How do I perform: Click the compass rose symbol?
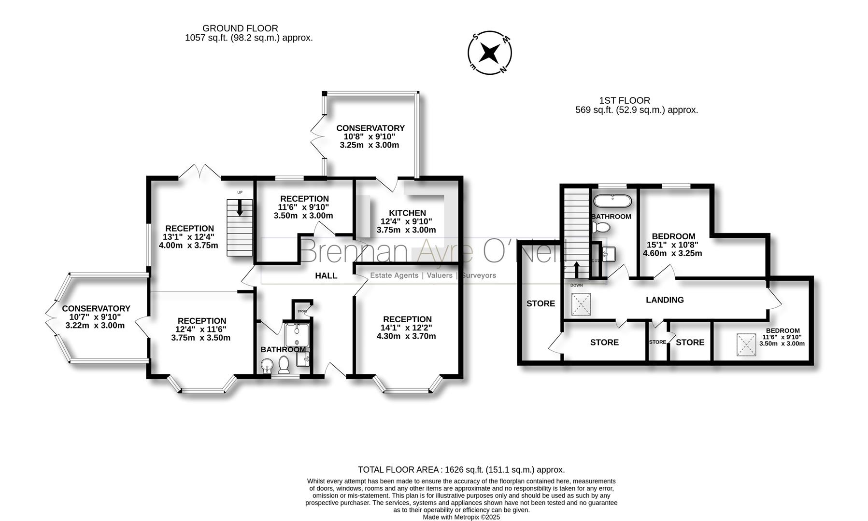click(x=490, y=53)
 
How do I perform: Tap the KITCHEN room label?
click(x=407, y=213)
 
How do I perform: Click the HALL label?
click(x=326, y=275)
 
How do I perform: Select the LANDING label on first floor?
click(x=665, y=300)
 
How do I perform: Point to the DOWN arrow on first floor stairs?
click(x=576, y=270)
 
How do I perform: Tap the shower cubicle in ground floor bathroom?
click(x=296, y=335)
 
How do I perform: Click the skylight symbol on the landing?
click(x=581, y=304)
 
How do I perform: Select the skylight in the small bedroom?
click(x=746, y=345)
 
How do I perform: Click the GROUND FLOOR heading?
click(x=240, y=28)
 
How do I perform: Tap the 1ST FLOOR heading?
click(x=624, y=100)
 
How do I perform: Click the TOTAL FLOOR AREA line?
click(x=461, y=469)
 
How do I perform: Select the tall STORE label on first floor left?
click(x=541, y=303)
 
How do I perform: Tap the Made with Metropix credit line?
click(x=461, y=517)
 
